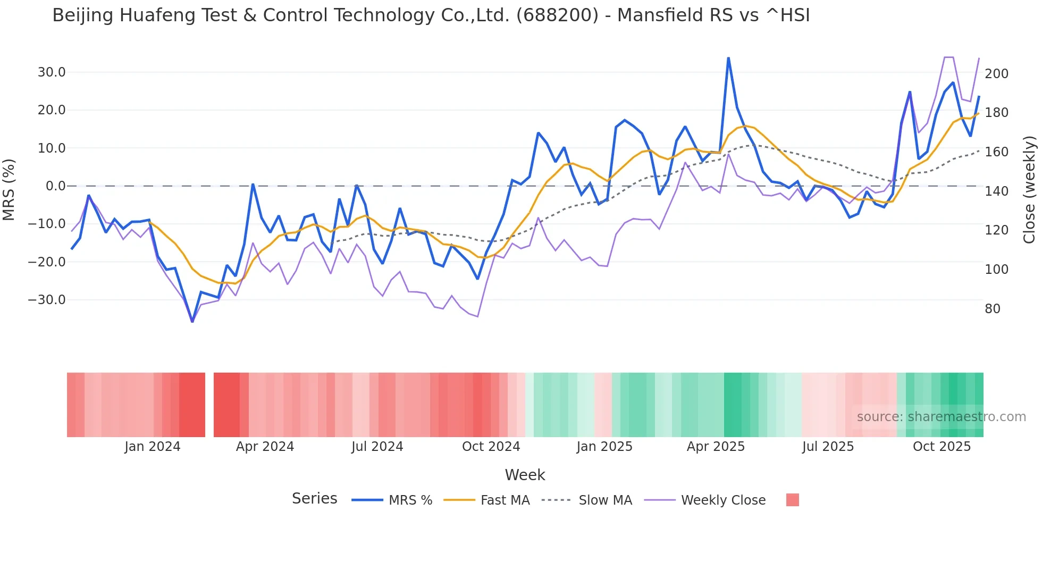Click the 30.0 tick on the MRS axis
pyautogui.click(x=51, y=72)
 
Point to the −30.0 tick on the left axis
pyautogui.click(x=47, y=300)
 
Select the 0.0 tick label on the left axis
pyautogui.click(x=55, y=186)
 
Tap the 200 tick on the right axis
pyautogui.click(x=996, y=74)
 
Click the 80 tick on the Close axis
pyautogui.click(x=992, y=309)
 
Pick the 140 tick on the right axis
pyautogui.click(x=996, y=191)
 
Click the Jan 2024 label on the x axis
pyautogui.click(x=153, y=447)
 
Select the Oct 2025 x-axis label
pyautogui.click(x=942, y=447)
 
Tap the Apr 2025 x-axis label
pyautogui.click(x=716, y=447)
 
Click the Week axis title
pyautogui.click(x=525, y=475)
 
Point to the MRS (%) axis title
pyautogui.click(x=9, y=189)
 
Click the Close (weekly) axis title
pyautogui.click(x=1029, y=189)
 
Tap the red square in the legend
pyautogui.click(x=792, y=500)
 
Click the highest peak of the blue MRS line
pyautogui.click(x=728, y=58)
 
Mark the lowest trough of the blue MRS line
pyautogui.click(x=192, y=321)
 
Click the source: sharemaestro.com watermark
pyautogui.click(x=941, y=417)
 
